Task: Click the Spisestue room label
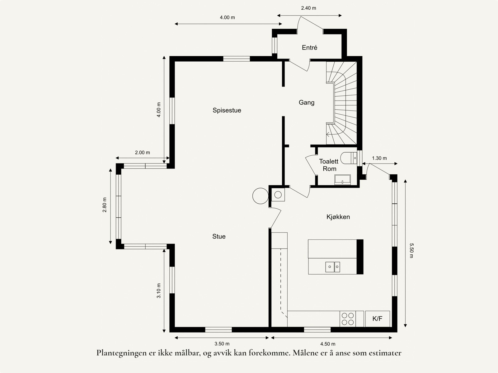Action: (x=227, y=110)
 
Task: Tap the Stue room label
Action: (x=219, y=236)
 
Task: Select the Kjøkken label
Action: (x=338, y=217)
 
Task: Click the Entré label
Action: (x=309, y=48)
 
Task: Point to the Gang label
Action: (x=306, y=102)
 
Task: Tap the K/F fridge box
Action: (x=377, y=319)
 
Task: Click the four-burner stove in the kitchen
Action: (x=348, y=319)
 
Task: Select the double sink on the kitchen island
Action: (x=332, y=267)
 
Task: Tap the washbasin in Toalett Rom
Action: (x=342, y=180)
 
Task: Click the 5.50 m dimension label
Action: (x=411, y=251)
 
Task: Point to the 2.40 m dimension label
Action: (x=308, y=8)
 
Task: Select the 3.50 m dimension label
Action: (x=222, y=344)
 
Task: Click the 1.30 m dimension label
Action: (x=379, y=158)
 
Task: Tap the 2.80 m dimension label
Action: (x=105, y=205)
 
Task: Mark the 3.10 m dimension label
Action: (x=159, y=290)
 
